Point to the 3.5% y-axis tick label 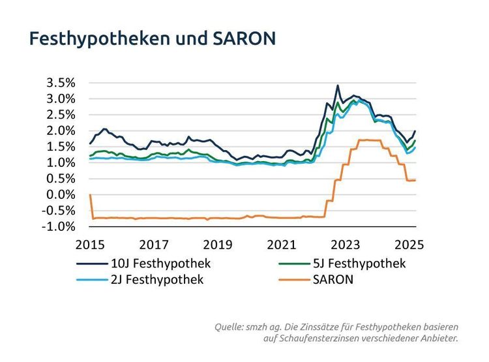tap(61, 83)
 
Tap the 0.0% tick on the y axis tap(61, 194)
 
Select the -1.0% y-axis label tap(59, 226)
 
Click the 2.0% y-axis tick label tap(61, 130)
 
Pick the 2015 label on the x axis tap(90, 245)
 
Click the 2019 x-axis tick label tap(218, 245)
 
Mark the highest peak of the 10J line tap(338, 85)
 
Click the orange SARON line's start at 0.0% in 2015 tap(90, 194)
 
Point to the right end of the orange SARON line tap(415, 180)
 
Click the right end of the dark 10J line tap(415, 131)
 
